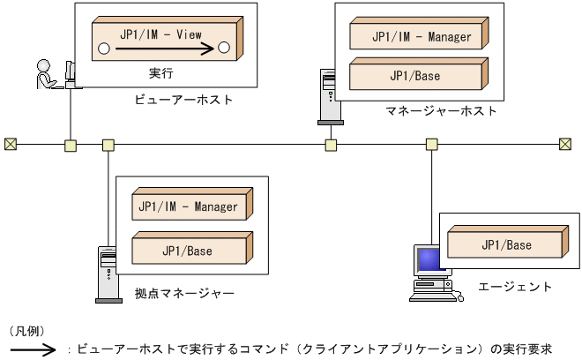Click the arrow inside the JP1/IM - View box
[164, 49]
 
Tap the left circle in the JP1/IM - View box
[103, 48]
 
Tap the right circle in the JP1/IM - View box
[224, 48]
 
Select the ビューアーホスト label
[184, 101]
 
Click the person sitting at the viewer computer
[44, 74]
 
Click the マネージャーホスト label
[441, 111]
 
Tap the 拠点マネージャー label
[184, 292]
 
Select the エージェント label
[515, 287]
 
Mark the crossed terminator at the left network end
[11, 144]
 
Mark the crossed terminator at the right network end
[565, 144]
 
